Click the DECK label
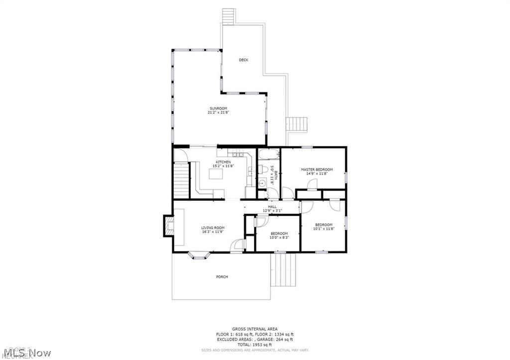[x=243, y=60]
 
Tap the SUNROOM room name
[x=218, y=109]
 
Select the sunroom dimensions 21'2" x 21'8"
[x=218, y=113]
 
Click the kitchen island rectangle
[x=215, y=174]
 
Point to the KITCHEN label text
[x=223, y=162]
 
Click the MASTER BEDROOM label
[x=316, y=170]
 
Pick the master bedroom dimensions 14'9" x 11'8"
[x=316, y=174]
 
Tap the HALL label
[x=272, y=207]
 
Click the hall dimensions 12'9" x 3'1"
[x=272, y=211]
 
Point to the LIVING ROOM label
[x=213, y=228]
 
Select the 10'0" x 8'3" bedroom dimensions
[x=279, y=238]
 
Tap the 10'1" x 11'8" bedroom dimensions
[x=323, y=229]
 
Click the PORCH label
[x=222, y=277]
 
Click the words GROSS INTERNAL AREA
[x=255, y=329]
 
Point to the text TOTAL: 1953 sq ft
[x=255, y=345]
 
